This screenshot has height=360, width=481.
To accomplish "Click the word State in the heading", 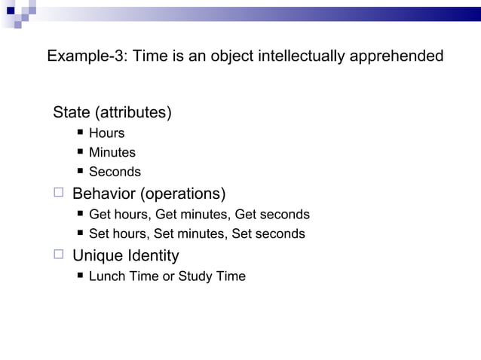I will [71, 113].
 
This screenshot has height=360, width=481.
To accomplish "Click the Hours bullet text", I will [106, 133].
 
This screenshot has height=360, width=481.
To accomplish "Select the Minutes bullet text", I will [112, 152].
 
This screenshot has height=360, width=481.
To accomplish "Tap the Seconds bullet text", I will [115, 172].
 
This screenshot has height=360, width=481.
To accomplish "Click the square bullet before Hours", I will [80, 133].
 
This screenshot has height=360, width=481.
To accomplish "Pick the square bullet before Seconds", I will [80, 172].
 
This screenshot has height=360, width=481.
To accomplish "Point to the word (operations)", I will [183, 194].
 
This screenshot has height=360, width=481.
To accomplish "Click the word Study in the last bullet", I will [195, 276].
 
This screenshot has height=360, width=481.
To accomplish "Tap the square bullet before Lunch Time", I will [80, 276].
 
